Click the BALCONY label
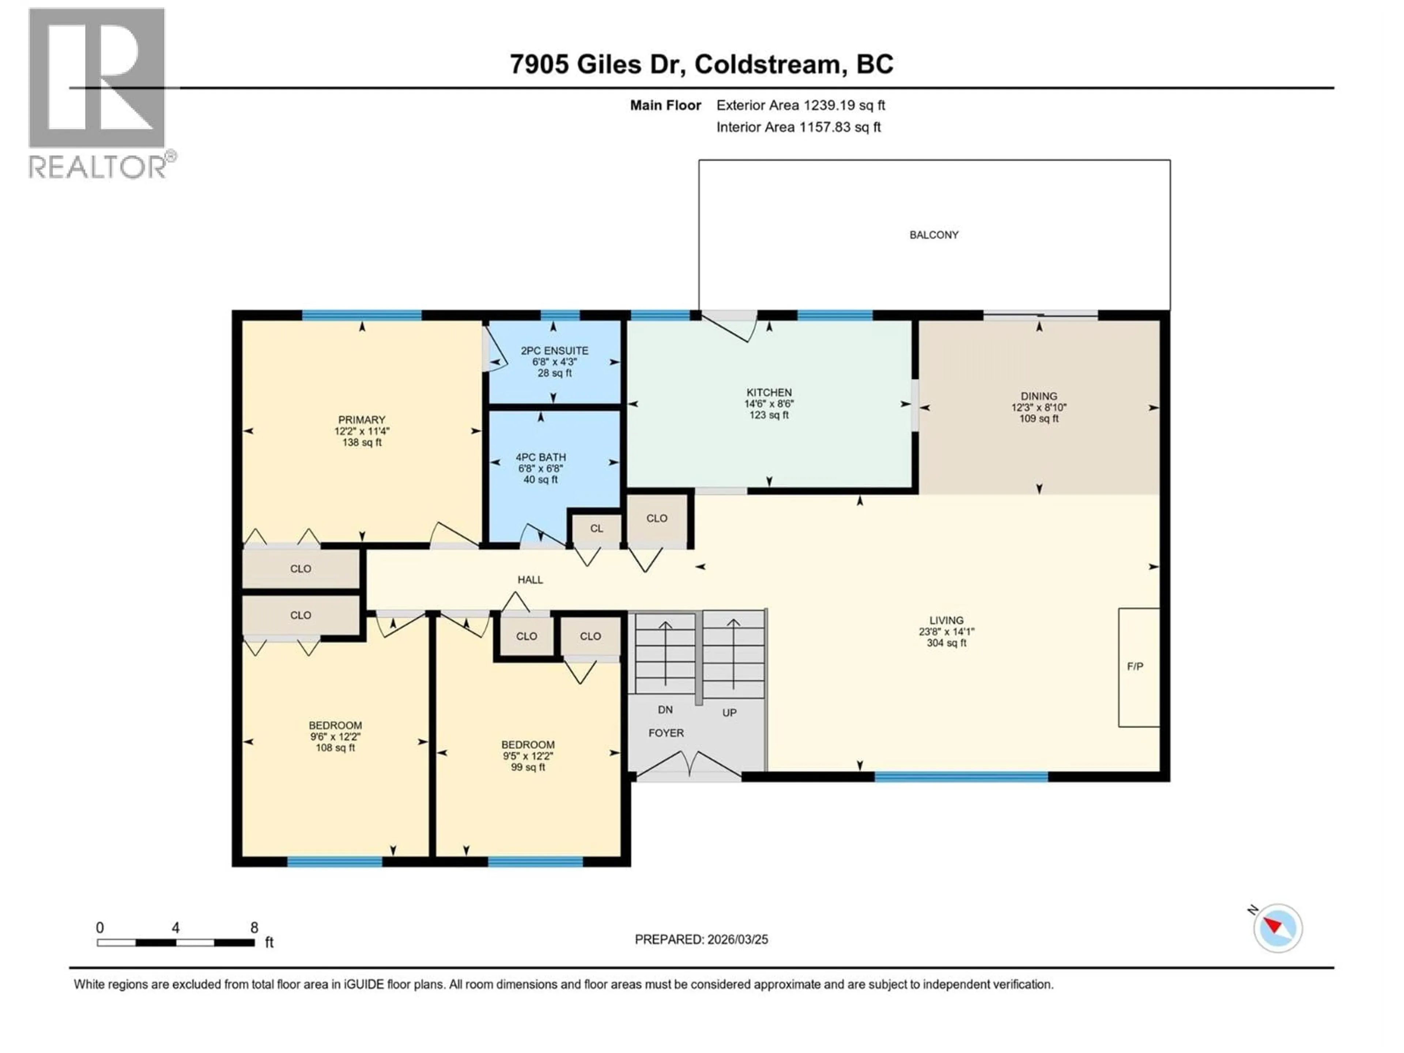(x=934, y=235)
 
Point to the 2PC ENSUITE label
(x=554, y=350)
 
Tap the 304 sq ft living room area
(x=946, y=643)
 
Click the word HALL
(x=530, y=580)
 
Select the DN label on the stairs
(x=665, y=710)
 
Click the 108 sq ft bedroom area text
(x=335, y=748)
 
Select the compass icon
(x=1278, y=928)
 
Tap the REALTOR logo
(x=98, y=92)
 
